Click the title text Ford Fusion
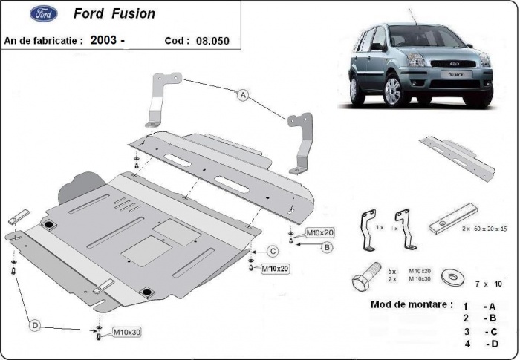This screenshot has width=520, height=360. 114,14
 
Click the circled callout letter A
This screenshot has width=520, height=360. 242,94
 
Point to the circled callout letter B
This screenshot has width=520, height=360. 326,247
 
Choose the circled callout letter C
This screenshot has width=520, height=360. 273,251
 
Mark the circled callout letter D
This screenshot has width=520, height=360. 33,324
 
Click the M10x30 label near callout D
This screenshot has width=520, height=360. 127,332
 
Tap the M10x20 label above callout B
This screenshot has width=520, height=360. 320,232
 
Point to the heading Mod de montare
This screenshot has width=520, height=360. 411,304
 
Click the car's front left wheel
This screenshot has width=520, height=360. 391,91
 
